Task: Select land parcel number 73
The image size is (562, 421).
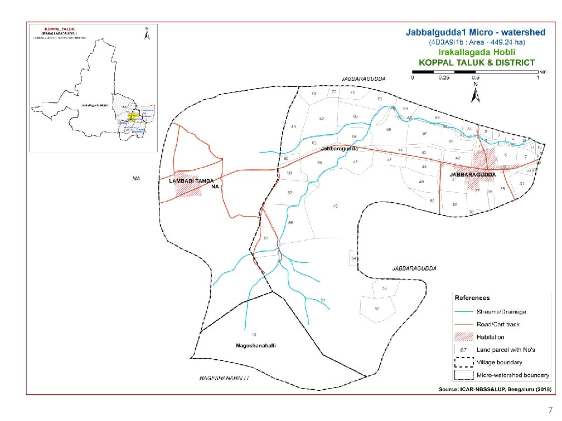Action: [313, 94]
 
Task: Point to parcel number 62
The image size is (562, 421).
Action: [322, 119]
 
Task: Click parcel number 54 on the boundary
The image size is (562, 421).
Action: [353, 259]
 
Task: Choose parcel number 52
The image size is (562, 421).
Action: [377, 309]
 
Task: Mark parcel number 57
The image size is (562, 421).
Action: [290, 193]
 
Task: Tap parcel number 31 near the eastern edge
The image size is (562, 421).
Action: [522, 184]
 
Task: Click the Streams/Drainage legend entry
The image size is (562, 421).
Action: [501, 311]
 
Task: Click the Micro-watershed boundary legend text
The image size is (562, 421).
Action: [513, 375]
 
